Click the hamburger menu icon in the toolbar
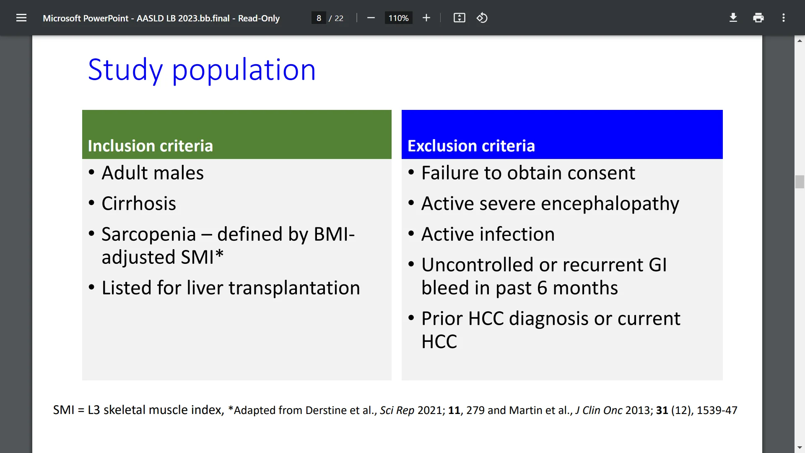[x=21, y=18]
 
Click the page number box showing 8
[x=319, y=18]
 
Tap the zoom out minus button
[x=371, y=18]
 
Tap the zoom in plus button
[x=426, y=18]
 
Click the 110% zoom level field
[x=398, y=18]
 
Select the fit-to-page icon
[x=459, y=18]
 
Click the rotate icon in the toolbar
[x=482, y=18]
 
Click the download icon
[x=733, y=18]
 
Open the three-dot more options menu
[x=783, y=18]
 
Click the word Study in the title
[x=125, y=70]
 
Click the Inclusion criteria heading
[x=150, y=146]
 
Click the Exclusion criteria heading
[x=471, y=146]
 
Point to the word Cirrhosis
[x=138, y=203]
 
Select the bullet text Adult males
[x=152, y=173]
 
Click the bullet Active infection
[x=488, y=234]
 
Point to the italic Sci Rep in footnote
[x=397, y=410]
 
